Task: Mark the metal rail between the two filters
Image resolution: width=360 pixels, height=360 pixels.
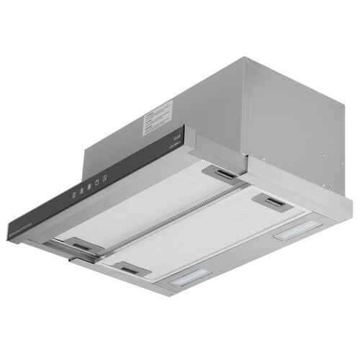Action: pyautogui.click(x=173, y=220)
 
